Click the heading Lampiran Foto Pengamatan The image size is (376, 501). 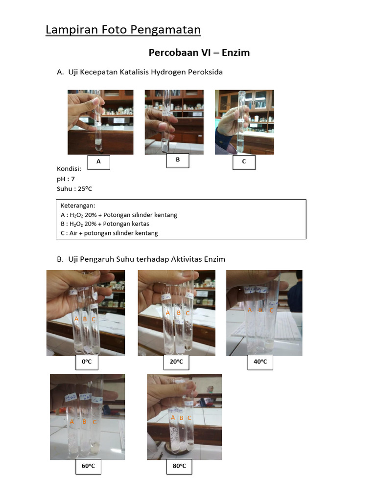coord(123,30)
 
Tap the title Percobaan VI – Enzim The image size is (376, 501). coord(199,52)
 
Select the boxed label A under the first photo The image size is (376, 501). coord(99,162)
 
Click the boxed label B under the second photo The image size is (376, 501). coord(178,160)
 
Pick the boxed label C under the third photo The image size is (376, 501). coord(244,162)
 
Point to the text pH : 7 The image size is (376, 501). coord(66,179)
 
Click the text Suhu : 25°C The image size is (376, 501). coord(74,189)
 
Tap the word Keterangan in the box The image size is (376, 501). coord(78,206)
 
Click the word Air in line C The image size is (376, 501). coord(73,233)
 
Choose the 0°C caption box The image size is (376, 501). coord(87,362)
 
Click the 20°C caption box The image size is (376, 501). coord(176,362)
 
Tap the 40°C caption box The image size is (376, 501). coord(260,362)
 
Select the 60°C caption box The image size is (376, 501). coord(88,466)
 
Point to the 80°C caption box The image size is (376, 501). coord(179,466)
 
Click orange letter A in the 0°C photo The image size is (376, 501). coord(76,319)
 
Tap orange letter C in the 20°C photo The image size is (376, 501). coord(188,313)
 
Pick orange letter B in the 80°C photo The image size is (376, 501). coord(181,418)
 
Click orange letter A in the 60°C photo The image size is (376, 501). coord(72,422)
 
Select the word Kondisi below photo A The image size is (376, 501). coord(69,169)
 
